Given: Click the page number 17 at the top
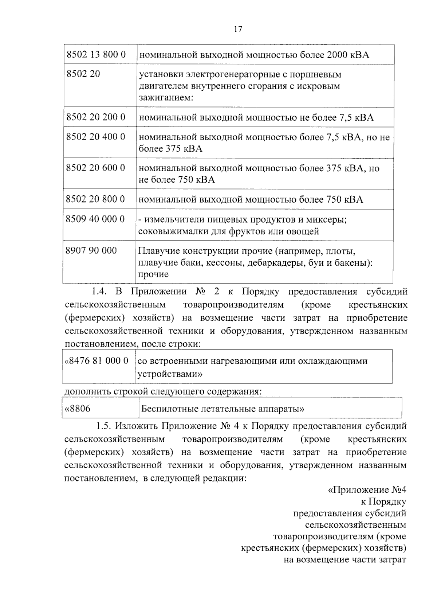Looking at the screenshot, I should tap(238, 30).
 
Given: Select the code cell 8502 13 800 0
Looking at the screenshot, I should tap(96, 55).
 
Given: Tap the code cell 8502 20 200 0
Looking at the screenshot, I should tap(96, 117).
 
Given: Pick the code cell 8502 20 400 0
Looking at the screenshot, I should tap(96, 137).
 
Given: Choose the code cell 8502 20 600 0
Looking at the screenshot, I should tap(95, 168).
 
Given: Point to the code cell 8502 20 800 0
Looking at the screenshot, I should tap(95, 199).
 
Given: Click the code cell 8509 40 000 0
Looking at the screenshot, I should tap(95, 219).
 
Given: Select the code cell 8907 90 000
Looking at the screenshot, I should tap(91, 250).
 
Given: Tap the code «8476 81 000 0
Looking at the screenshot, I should tap(97, 361).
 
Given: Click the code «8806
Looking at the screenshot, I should tap(77, 409).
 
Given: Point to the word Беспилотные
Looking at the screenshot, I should tap(170, 409).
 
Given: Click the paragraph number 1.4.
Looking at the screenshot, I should tap(98, 292).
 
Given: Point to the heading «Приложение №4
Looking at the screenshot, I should tap(367, 490).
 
